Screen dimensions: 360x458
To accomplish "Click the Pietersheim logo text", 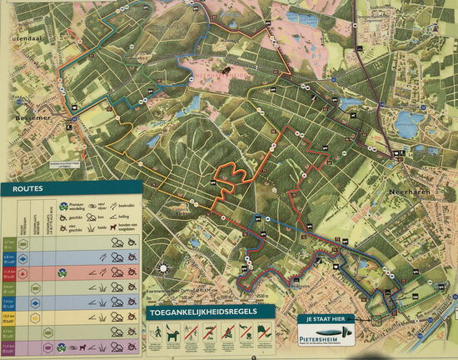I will pyautogui.click(x=326, y=339).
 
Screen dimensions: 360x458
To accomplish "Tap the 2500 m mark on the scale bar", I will pyautogui.click(x=265, y=298).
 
